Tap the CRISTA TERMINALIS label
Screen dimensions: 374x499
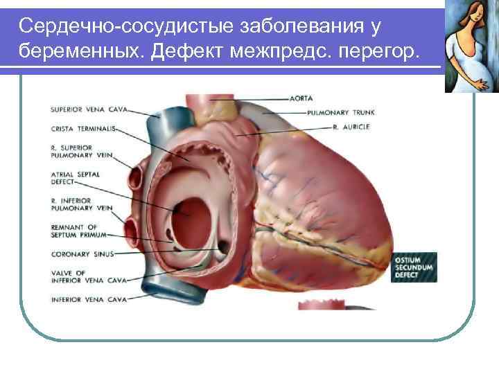coord(82,128)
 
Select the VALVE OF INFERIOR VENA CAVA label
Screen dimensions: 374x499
coord(88,276)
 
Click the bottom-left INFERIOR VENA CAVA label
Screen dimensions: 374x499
coord(88,299)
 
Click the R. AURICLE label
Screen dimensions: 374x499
coord(351,127)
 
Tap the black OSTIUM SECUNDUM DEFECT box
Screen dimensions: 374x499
coord(414,266)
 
